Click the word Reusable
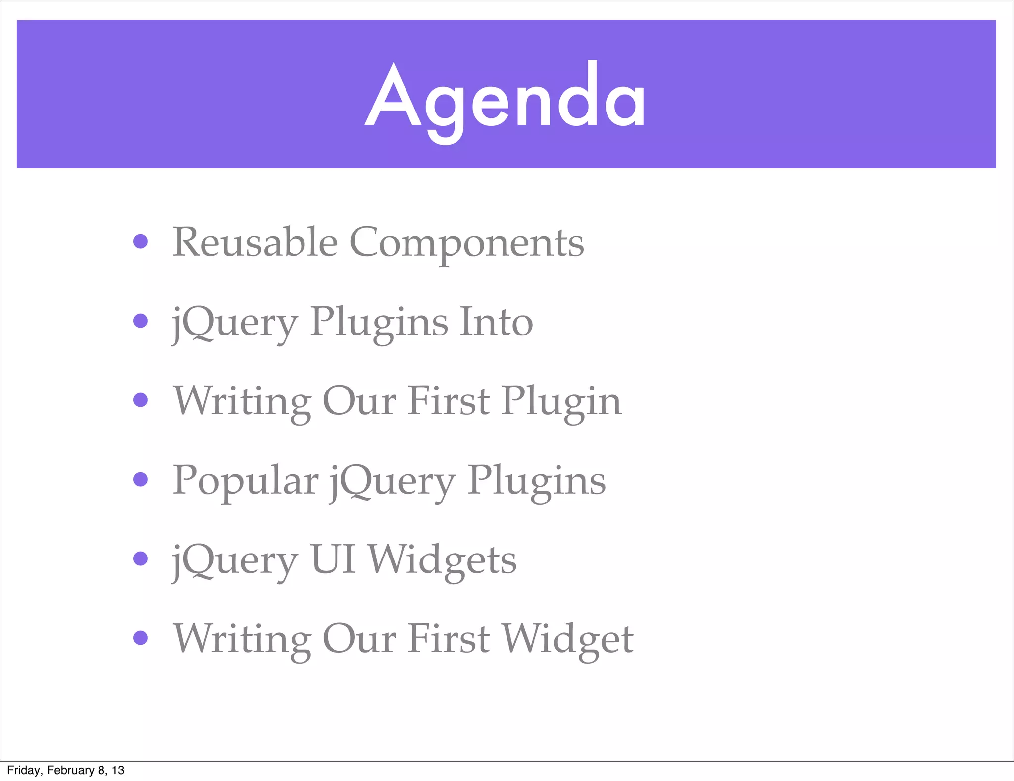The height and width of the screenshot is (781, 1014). point(255,242)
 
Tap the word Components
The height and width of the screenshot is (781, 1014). point(466,243)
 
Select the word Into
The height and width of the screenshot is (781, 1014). point(496,322)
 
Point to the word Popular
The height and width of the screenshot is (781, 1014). point(245,480)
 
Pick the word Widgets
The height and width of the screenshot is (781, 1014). point(443,559)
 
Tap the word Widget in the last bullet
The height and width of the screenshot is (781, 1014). point(568,639)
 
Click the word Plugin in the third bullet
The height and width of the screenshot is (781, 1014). point(561,402)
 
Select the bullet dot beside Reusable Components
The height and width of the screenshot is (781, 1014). point(141,241)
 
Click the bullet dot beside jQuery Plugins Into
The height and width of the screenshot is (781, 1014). point(141,321)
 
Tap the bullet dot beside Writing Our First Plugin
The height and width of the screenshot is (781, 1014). point(141,400)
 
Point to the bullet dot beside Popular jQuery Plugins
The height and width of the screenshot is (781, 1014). point(141,479)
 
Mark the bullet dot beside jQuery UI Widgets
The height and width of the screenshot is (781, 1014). point(141,558)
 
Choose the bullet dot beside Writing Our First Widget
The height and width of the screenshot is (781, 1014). point(141,638)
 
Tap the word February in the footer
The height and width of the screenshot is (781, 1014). point(70,770)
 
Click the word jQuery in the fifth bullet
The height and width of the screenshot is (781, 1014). point(235,560)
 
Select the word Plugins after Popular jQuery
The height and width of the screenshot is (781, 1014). point(537,481)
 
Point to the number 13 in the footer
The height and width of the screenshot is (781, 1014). point(118,770)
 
